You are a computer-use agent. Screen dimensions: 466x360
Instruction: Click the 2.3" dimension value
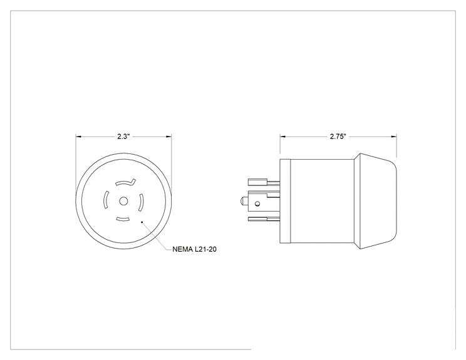[123, 136]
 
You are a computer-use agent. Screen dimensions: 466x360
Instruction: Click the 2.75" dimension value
[338, 136]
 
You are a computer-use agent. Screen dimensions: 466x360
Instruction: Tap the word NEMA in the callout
[182, 249]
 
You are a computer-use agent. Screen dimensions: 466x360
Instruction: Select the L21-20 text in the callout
[205, 249]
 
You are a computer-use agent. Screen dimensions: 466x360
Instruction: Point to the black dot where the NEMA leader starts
[142, 222]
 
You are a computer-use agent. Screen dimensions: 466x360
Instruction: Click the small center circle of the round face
[123, 202]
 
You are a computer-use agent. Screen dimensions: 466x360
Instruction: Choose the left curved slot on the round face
[105, 200]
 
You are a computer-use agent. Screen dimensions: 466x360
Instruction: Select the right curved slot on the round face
[141, 202]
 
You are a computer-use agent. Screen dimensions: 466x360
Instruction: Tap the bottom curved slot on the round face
[123, 220]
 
